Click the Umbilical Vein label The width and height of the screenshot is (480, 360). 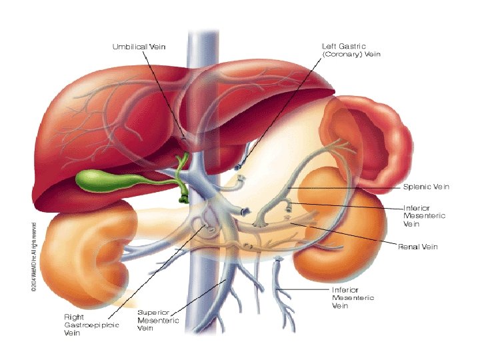tap(138, 46)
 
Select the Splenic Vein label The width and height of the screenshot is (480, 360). tap(426, 187)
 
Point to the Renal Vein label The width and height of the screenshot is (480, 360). tap(417, 247)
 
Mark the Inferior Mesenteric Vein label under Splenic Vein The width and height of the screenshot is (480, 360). tap(424, 216)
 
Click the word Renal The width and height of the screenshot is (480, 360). tap(407, 247)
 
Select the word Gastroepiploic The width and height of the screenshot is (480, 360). tap(91, 325)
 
